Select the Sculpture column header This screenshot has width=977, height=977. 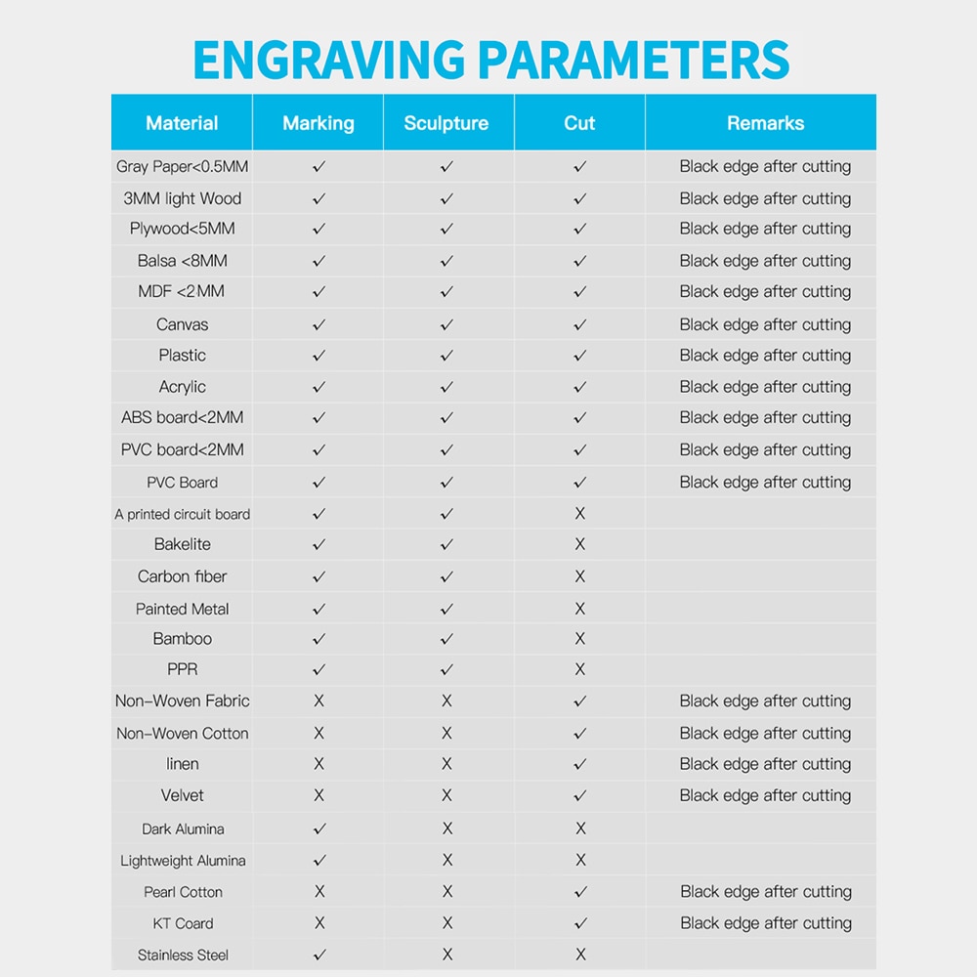pos(446,123)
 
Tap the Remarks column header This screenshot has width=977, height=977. pos(765,123)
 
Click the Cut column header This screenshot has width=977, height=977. pos(579,123)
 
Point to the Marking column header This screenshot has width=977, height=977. pos(319,123)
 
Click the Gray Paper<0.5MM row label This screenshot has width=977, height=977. pos(183,166)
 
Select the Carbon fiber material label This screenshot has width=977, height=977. pos(183,576)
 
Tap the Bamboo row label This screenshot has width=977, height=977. pos(183,639)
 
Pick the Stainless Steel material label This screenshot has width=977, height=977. pos(183,956)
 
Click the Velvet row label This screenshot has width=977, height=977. pos(183,795)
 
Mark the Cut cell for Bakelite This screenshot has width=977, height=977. pos(580,544)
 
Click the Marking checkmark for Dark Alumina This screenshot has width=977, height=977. pos(319,828)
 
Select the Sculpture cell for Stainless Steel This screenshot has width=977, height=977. pos(446,956)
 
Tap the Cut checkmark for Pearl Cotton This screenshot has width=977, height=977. pos(580,892)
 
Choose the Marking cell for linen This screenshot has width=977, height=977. pos(319,764)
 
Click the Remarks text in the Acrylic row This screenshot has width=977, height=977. pos(765,387)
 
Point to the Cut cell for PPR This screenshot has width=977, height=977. pos(580,670)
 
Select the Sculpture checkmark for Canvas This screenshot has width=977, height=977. pos(446,324)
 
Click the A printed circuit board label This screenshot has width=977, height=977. pos(183,514)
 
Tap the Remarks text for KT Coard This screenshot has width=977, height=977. pos(765,923)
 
